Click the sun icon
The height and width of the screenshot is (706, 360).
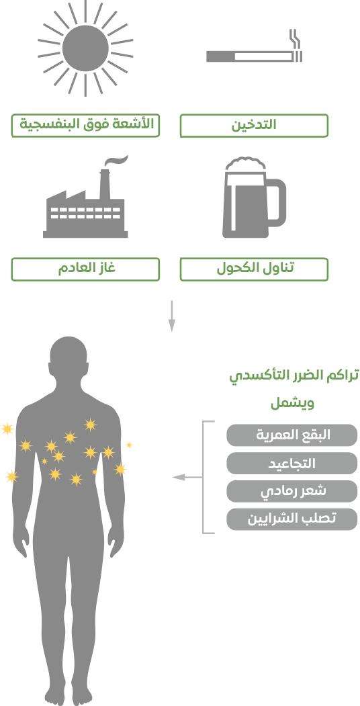pos(85,48)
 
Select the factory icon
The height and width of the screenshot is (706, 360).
pos(85,197)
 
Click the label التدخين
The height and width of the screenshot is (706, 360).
pos(255,126)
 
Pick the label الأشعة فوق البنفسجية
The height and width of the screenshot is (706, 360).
pos(85,126)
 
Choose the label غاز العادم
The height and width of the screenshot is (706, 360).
pos(85,269)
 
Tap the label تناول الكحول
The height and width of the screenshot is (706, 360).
pos(255,269)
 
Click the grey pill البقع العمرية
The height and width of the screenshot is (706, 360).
pos(292,435)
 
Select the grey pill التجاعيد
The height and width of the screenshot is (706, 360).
pos(292,464)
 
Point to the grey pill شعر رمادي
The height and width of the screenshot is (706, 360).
pos(292,491)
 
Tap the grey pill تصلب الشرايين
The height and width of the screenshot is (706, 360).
pos(292,519)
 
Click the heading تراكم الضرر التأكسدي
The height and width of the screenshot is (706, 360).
pos(294,376)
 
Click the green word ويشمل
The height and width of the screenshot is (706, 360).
pos(293,403)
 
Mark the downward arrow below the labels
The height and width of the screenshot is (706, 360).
pos(171,316)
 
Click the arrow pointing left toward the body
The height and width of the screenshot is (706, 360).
pos(187,477)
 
